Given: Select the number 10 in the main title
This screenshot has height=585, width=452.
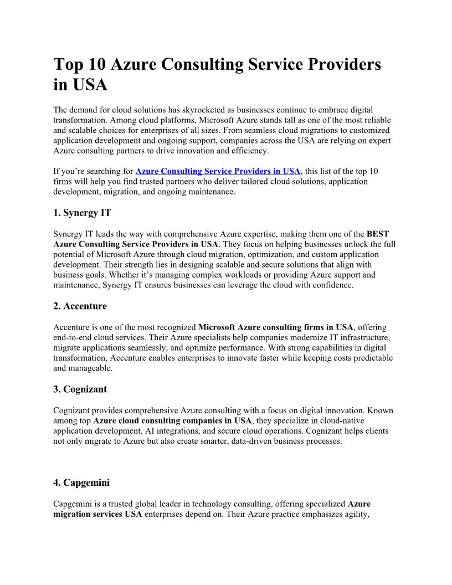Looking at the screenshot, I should [97, 65].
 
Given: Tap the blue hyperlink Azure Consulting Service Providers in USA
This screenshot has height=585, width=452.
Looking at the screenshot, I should [218, 171].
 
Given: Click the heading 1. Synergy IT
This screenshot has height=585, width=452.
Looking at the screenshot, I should [82, 213].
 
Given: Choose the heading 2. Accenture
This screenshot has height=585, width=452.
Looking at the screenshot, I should [80, 306].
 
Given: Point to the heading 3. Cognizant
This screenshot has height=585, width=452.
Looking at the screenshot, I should [80, 389].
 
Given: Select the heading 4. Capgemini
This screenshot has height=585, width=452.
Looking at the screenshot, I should [81, 483].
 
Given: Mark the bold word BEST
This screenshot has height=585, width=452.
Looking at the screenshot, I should [378, 234].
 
